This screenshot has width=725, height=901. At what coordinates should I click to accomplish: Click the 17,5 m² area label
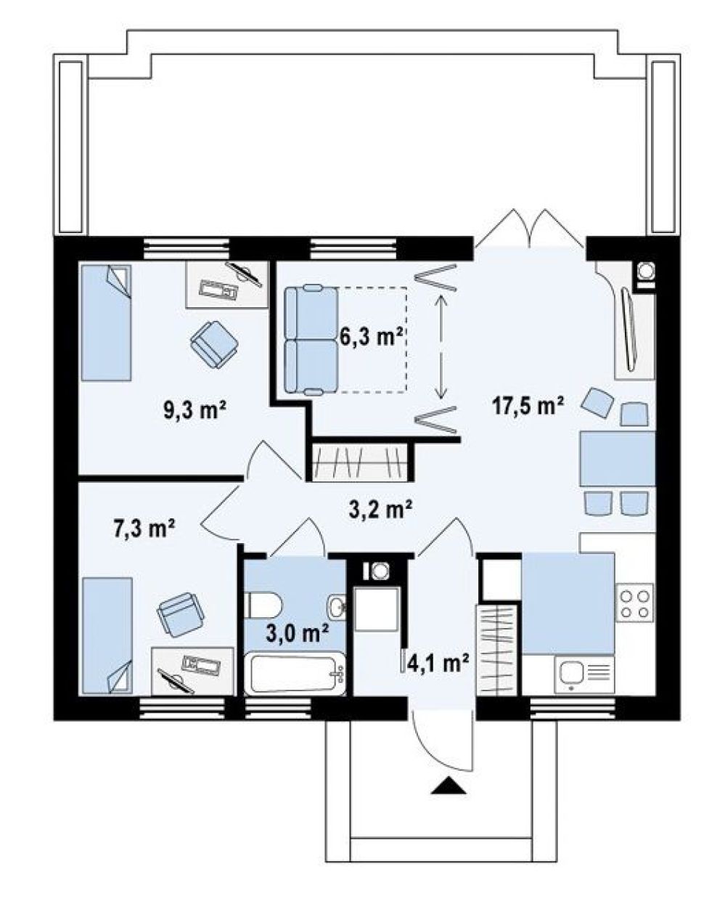pos(528,405)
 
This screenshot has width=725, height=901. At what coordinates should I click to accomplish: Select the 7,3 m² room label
pos(144,528)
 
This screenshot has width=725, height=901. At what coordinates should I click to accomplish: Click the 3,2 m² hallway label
pos(381,509)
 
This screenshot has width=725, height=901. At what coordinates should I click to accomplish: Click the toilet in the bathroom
pos(263,605)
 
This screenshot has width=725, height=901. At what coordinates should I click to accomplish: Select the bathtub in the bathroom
pos(295,674)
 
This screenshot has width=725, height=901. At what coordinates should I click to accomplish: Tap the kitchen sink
pos(584,674)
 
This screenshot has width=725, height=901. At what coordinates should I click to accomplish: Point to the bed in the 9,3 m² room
pos(106,322)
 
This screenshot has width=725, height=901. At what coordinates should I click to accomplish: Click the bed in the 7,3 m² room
pos(107,635)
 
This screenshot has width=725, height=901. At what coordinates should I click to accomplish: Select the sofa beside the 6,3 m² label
pos(311,339)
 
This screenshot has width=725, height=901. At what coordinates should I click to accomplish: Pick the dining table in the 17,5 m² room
pos(617,458)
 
